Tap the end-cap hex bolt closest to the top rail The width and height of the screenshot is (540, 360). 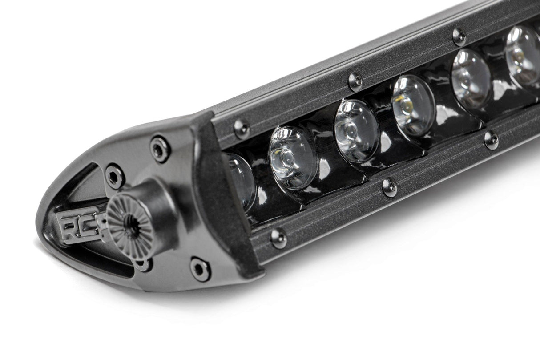(x=159, y=149)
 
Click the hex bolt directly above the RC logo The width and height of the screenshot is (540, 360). (x=115, y=176)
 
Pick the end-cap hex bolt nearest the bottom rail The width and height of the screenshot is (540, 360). (x=200, y=269)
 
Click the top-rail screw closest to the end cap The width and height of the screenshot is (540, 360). (x=242, y=128)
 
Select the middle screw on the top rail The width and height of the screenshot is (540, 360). (x=355, y=81)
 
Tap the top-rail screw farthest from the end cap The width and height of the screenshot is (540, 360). (x=459, y=36)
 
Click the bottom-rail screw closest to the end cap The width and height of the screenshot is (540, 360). (x=278, y=238)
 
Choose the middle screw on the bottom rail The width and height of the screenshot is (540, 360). (x=390, y=187)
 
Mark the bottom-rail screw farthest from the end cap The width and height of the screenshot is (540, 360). (x=491, y=140)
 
